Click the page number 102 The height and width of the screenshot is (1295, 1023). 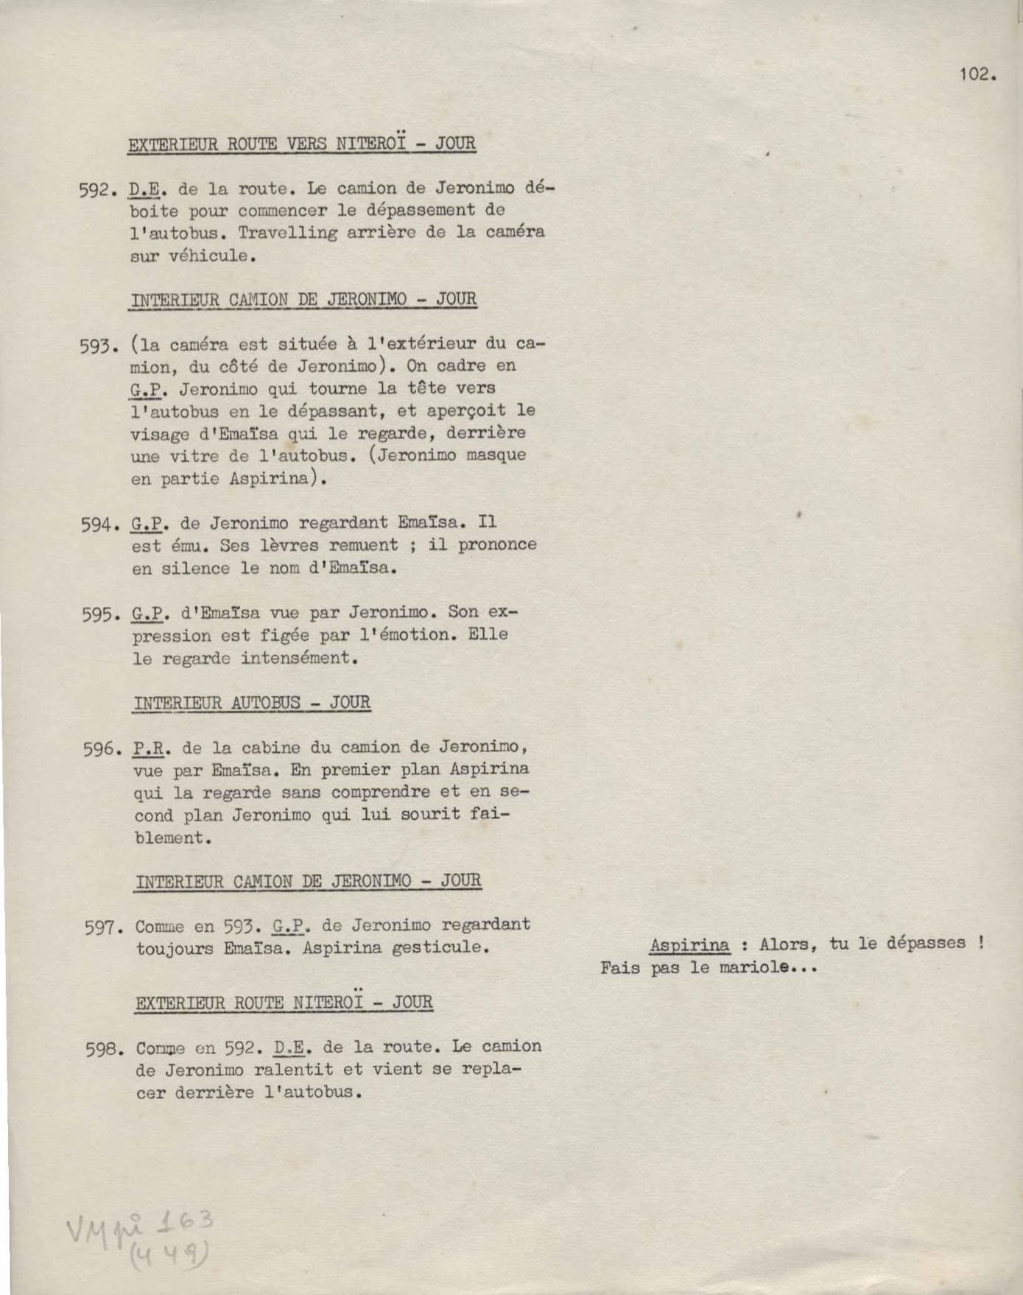(x=977, y=74)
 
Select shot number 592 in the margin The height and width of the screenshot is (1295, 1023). (x=99, y=191)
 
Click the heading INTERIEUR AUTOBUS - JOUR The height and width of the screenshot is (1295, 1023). (x=252, y=703)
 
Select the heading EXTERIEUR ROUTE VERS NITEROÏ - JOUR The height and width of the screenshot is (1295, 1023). (x=302, y=143)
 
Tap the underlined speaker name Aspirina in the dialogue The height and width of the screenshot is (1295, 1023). (x=690, y=945)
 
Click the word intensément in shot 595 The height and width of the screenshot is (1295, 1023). (x=299, y=658)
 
